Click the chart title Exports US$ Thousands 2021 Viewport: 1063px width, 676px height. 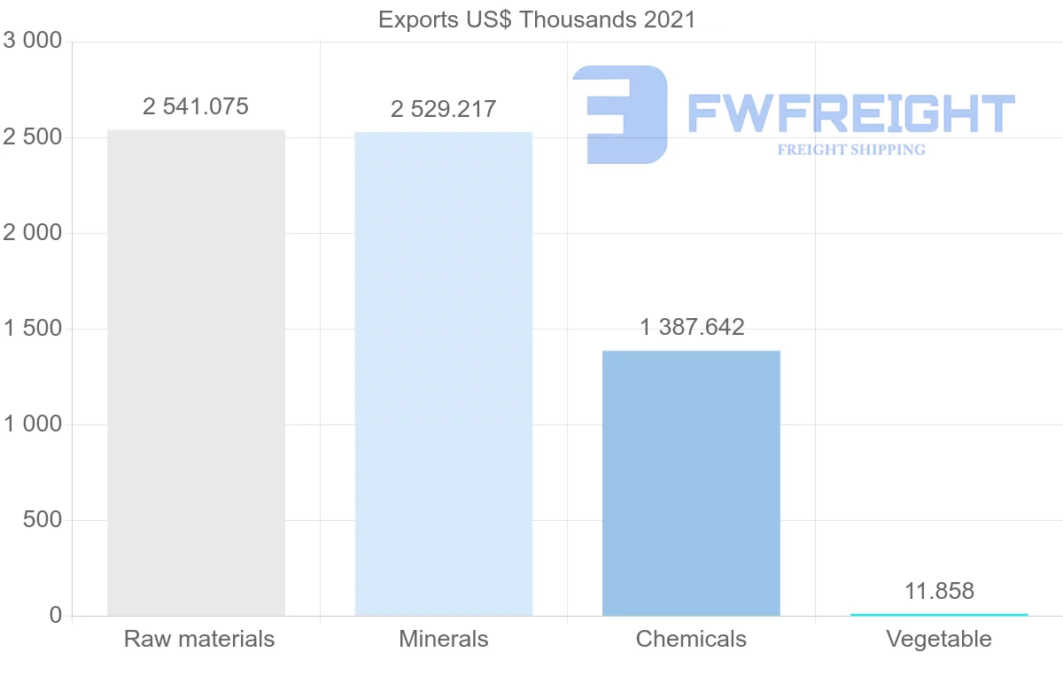537,19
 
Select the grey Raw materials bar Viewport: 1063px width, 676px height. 196,372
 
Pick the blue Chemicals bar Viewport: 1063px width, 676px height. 691,483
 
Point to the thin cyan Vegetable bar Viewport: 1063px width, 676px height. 939,614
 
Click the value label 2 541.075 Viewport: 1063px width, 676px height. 196,107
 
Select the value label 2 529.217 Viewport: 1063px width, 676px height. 443,110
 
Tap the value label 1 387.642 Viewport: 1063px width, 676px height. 692,328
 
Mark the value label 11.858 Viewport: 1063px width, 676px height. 939,592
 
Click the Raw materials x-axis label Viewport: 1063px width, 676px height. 199,639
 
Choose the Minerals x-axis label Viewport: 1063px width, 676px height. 443,639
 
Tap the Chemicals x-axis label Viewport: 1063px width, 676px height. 691,639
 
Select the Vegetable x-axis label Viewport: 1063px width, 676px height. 939,639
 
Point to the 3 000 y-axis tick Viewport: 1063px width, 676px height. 34,42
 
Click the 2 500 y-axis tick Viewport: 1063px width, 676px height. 34,137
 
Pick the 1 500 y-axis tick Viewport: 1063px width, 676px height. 34,329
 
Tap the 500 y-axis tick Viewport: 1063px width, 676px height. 43,520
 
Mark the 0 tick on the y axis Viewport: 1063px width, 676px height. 55,616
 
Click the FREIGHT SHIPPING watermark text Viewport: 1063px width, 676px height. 851,150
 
